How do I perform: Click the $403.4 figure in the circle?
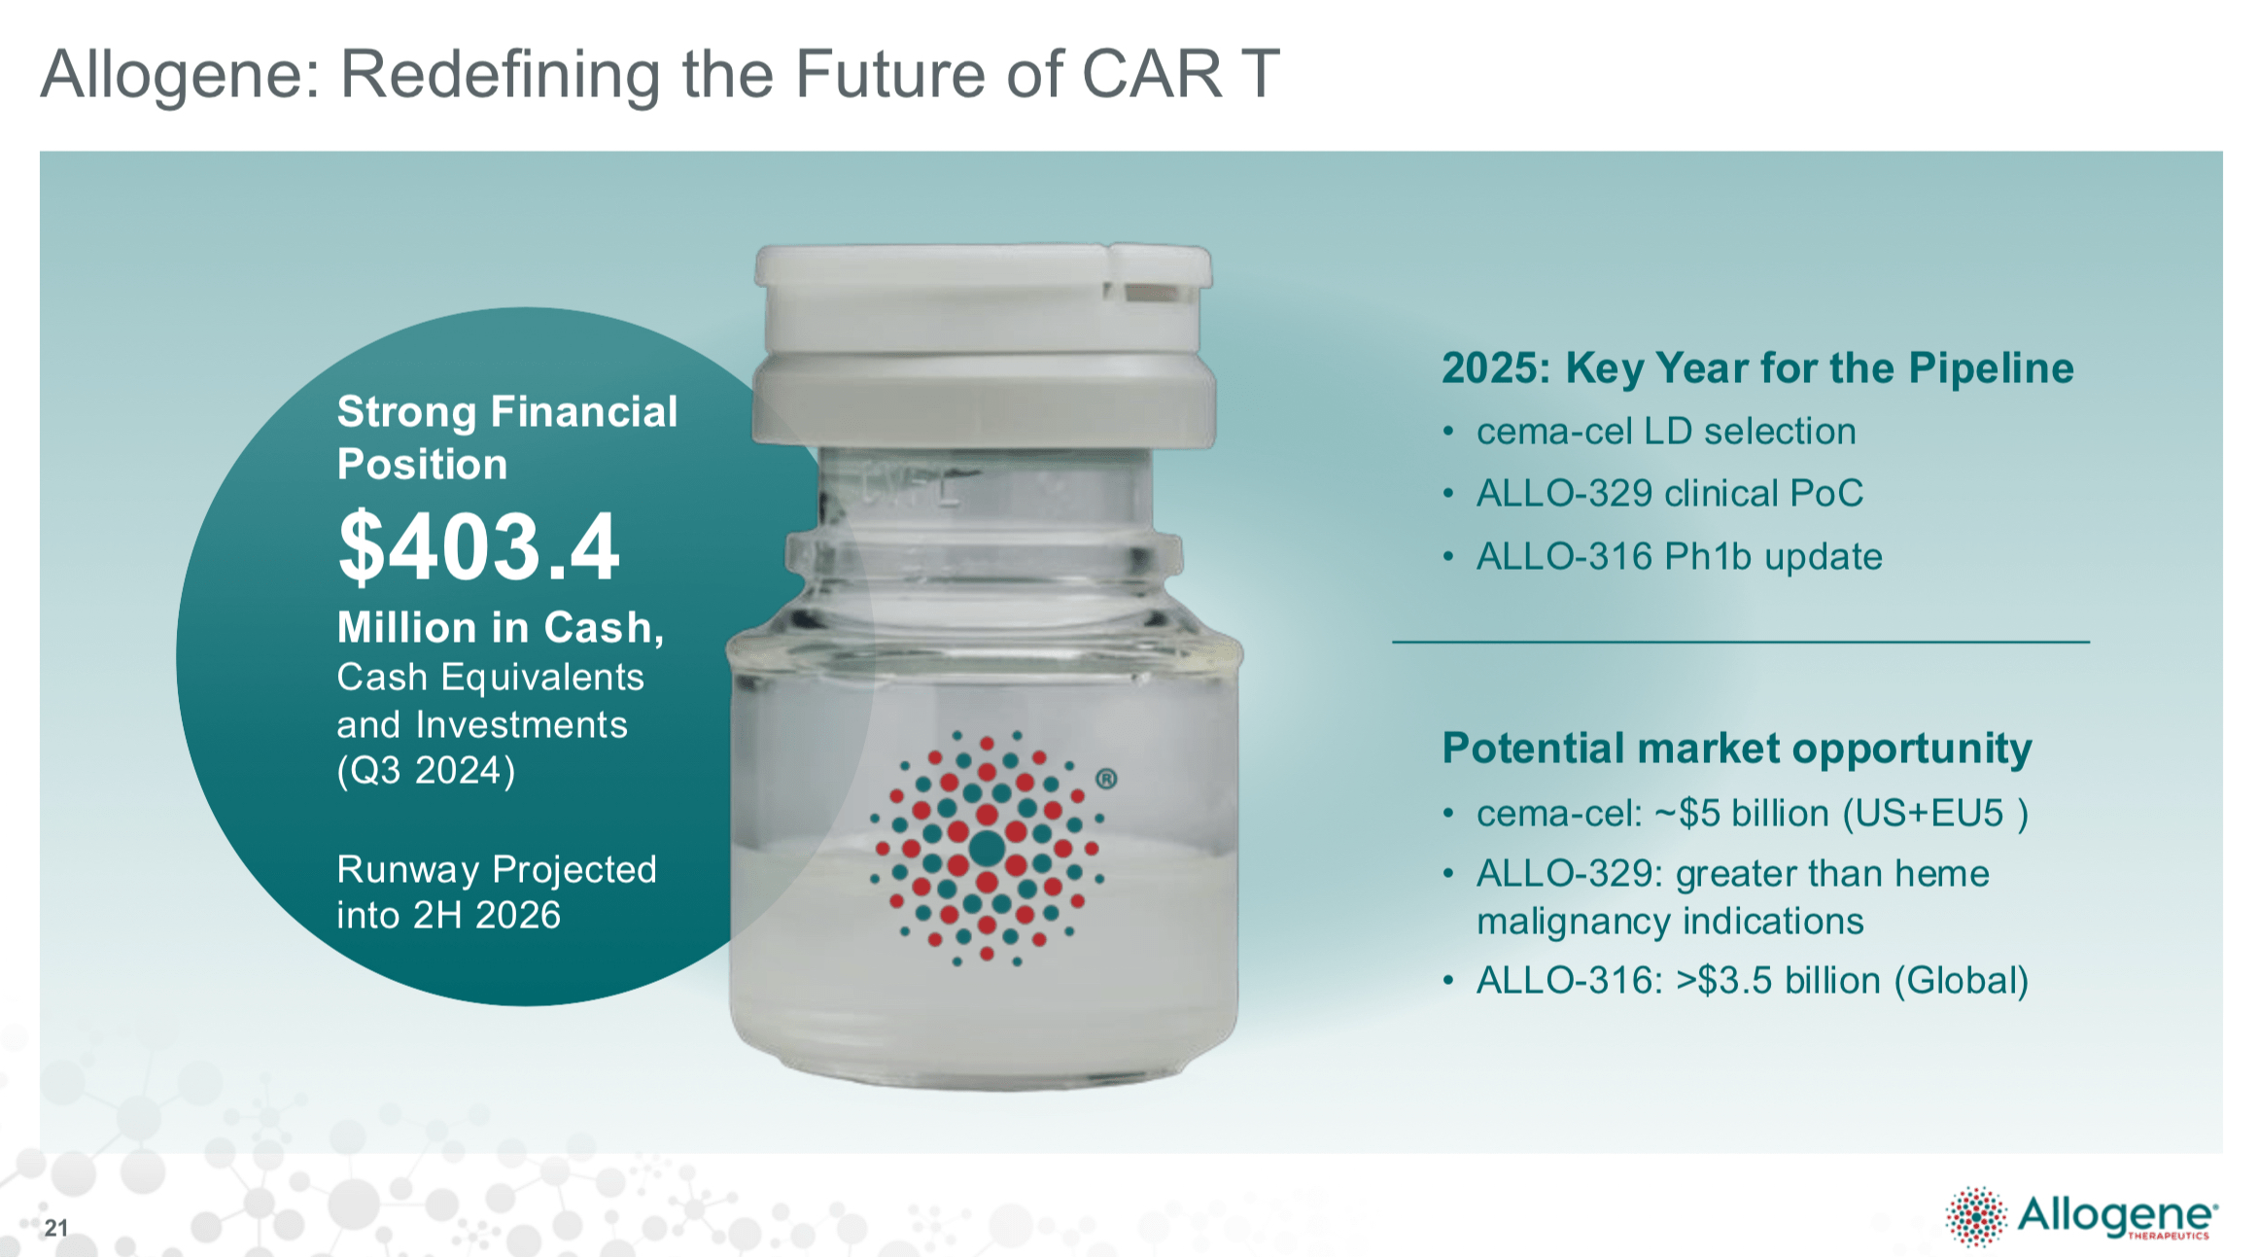click(x=478, y=547)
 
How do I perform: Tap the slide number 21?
click(x=56, y=1228)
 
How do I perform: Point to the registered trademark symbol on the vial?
click(x=1106, y=779)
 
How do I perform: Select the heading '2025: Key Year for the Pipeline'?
click(x=1757, y=368)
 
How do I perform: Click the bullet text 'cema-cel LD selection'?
click(x=1666, y=432)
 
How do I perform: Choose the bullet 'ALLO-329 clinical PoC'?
click(x=1669, y=494)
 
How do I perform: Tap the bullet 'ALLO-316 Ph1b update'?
click(x=1679, y=557)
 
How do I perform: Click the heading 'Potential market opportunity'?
click(x=1737, y=749)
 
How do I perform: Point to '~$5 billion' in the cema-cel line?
click(x=1740, y=814)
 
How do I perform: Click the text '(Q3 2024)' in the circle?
click(x=426, y=771)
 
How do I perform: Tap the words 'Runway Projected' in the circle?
click(x=497, y=869)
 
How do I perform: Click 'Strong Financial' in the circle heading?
click(x=507, y=412)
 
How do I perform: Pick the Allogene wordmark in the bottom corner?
click(x=2115, y=1214)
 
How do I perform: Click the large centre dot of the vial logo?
click(x=987, y=848)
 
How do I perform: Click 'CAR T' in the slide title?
click(x=1180, y=74)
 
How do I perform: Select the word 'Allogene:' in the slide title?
click(x=181, y=74)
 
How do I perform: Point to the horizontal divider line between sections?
click(x=1740, y=642)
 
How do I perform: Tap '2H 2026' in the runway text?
click(x=487, y=916)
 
